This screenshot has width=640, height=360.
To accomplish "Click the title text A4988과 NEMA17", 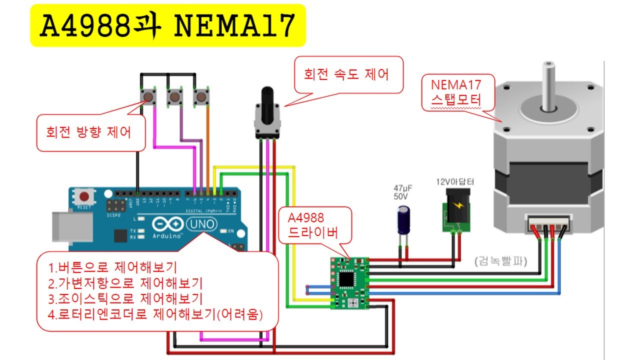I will click(x=167, y=26).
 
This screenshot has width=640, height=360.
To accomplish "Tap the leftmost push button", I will click(x=148, y=96).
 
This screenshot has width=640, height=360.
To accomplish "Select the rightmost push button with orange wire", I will click(x=201, y=96).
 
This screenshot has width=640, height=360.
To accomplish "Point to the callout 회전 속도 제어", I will click(x=346, y=74).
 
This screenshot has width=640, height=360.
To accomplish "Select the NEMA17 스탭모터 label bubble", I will click(x=456, y=93).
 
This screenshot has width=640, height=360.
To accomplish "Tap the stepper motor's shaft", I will click(x=549, y=85).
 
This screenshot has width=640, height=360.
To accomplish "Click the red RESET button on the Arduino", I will click(x=85, y=196).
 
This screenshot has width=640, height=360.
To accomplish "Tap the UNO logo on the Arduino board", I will click(x=201, y=225).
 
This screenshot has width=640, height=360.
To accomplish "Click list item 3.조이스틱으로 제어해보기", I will click(x=125, y=299).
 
